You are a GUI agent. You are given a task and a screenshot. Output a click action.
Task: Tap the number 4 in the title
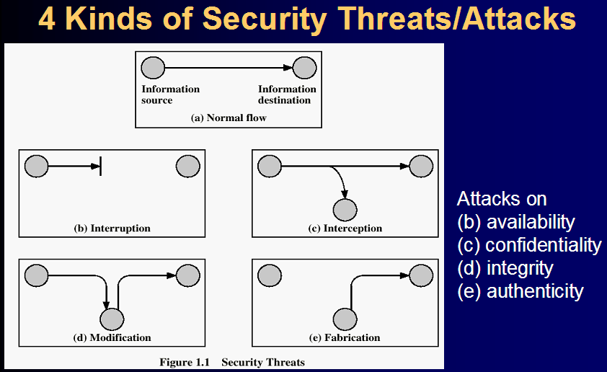point(46,19)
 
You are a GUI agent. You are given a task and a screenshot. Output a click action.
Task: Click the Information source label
point(170,94)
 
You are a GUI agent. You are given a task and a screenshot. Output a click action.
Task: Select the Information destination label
point(287,94)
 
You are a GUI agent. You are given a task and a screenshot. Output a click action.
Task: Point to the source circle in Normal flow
point(153,68)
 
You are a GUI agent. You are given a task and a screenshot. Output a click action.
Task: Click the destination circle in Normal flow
point(304,68)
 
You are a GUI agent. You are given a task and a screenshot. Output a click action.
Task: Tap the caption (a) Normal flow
point(229,118)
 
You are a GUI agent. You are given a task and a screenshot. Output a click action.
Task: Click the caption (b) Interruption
point(112,229)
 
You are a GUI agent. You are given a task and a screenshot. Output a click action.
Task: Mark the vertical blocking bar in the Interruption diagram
point(99,167)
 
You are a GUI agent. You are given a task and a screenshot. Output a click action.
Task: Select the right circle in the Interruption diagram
point(187,167)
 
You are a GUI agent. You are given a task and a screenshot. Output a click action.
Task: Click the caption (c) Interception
point(345,229)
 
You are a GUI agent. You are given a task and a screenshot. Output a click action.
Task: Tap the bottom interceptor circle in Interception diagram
point(345,210)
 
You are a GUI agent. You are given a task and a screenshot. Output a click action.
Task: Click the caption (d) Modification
point(112,337)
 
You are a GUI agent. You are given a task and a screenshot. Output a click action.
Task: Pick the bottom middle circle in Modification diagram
point(112,319)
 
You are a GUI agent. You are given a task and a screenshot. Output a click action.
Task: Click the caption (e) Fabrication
point(345,337)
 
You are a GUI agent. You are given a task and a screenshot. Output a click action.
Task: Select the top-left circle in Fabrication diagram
point(269,275)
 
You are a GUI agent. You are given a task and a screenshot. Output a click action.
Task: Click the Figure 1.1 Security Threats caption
point(232,362)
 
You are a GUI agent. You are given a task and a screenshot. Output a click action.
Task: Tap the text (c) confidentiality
point(528,245)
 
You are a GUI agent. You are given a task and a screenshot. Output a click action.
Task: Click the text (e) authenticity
point(520,291)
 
